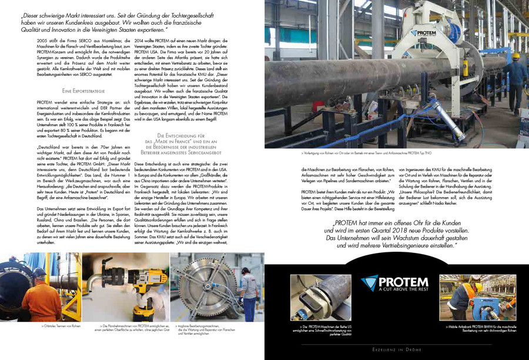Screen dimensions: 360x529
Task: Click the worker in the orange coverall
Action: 38,294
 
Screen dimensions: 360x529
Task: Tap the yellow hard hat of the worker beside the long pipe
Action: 516,56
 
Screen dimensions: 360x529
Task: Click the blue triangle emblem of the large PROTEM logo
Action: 370,283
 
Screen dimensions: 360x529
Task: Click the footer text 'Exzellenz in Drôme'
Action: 397,350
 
